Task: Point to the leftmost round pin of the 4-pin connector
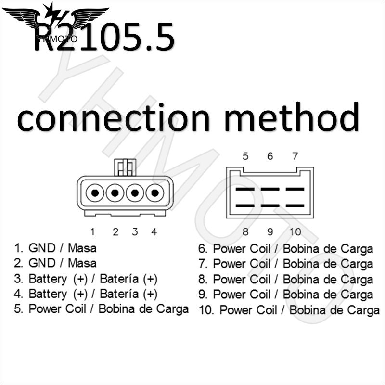click(x=95, y=193)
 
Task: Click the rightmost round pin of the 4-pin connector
click(x=154, y=193)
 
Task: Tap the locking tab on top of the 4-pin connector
click(x=125, y=167)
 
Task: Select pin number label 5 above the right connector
click(x=245, y=156)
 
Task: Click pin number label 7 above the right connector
click(x=295, y=156)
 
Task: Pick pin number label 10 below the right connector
click(x=295, y=232)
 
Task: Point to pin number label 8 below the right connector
click(x=245, y=232)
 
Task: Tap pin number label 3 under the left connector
click(x=135, y=232)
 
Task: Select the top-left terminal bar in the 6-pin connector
click(x=245, y=189)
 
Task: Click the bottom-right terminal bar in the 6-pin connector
click(x=295, y=206)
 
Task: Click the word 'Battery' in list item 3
click(x=48, y=279)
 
